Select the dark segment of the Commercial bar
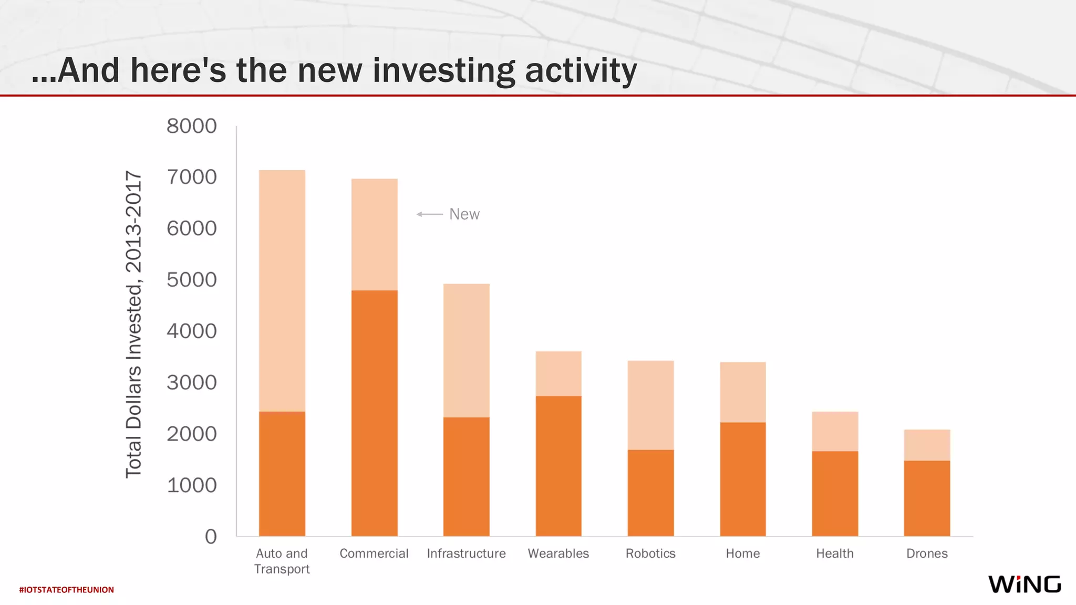click(x=374, y=413)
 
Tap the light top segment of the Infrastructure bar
click(x=466, y=350)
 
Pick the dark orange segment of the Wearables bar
click(x=558, y=466)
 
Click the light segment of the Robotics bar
click(x=650, y=405)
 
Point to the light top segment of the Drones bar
click(x=927, y=445)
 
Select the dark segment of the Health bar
click(x=835, y=493)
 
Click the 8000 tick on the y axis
click(x=191, y=126)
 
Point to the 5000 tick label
click(x=191, y=280)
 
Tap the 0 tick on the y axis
click(x=211, y=536)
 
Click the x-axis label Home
click(x=742, y=554)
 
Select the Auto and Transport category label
click(x=282, y=561)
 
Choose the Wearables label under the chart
click(x=558, y=554)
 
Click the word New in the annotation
click(x=464, y=214)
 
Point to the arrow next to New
click(x=429, y=214)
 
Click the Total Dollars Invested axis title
click(x=133, y=324)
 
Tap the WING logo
click(x=1024, y=584)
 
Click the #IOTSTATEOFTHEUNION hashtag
click(x=66, y=590)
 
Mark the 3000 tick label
click(x=191, y=382)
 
